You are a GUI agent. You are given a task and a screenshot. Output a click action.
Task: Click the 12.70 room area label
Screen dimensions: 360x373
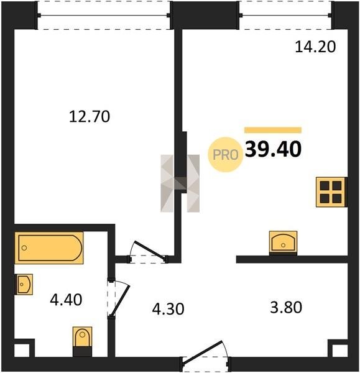pos(90,117)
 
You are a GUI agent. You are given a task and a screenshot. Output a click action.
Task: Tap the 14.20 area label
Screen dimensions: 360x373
pos(315,47)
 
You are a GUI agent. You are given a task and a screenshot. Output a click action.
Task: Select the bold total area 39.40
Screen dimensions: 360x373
pos(274,149)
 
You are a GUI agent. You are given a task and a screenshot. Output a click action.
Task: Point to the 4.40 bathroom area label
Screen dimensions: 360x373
pos(66,300)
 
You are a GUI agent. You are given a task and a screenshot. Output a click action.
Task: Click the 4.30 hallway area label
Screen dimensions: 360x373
pos(168,309)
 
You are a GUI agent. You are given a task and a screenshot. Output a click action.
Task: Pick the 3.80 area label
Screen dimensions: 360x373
pos(286,307)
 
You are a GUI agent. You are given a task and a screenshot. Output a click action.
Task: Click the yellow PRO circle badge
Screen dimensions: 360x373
pos(225,155)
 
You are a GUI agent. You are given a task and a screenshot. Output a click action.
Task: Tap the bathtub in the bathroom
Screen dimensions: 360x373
pos(49,248)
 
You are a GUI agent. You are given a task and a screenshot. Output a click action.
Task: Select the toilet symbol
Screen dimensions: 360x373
pos(82,341)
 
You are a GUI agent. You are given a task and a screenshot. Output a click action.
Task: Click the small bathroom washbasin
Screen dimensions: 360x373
pos(24,284)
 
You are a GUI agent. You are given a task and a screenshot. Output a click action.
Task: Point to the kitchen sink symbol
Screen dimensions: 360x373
pos(283,242)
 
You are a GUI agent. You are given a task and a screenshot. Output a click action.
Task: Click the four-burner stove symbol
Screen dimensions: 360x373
pos(331,192)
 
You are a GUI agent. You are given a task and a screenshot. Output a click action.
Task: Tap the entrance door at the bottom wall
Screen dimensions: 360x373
pos(205,357)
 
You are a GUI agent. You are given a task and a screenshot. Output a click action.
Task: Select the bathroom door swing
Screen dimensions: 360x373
pos(119,299)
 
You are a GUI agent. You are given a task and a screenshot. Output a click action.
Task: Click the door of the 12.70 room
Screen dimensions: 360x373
pos(147,252)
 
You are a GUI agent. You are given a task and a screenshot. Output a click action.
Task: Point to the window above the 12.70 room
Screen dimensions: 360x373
pos(104,16)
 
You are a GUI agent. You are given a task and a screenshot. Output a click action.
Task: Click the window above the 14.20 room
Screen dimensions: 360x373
pos(285,16)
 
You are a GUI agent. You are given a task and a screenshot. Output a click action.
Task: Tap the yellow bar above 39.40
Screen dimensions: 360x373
pos(273,130)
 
